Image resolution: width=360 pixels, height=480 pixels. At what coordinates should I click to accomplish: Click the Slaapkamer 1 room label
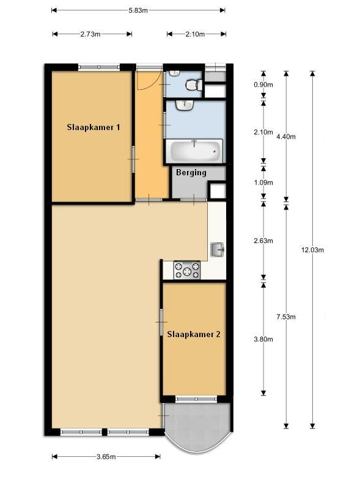[x=94, y=127]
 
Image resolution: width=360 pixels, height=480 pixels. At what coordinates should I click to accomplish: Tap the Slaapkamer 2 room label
[x=194, y=334]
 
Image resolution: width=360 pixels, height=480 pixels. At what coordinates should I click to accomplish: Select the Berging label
[x=191, y=173]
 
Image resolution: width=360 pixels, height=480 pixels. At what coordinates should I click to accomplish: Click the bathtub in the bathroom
[x=194, y=151]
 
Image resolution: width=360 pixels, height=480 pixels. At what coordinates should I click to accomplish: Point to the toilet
[x=194, y=85]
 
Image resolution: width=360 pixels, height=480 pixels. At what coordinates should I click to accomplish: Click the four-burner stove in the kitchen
[x=187, y=270]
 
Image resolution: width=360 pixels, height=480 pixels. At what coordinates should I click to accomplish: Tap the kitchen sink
[x=218, y=250]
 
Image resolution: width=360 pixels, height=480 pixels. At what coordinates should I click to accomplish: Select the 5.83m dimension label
[x=138, y=10]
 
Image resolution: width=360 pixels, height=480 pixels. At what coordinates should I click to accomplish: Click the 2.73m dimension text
[x=90, y=34]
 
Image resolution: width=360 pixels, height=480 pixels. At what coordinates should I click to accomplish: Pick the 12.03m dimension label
[x=312, y=250]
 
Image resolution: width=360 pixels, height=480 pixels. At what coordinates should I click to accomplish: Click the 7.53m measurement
[x=286, y=317]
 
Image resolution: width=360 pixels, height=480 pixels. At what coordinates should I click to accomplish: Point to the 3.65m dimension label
[x=106, y=457]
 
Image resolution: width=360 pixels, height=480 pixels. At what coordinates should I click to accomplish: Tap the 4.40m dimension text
[x=286, y=137]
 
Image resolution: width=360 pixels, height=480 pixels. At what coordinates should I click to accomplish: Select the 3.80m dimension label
[x=263, y=339]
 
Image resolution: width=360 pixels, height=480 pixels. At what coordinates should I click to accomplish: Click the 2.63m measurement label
[x=263, y=241]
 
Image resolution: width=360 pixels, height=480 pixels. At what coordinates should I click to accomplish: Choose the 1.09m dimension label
[x=263, y=183]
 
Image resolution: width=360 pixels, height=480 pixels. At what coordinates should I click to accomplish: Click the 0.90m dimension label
[x=263, y=84]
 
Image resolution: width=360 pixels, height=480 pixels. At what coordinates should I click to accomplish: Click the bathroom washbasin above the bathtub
[x=185, y=105]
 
